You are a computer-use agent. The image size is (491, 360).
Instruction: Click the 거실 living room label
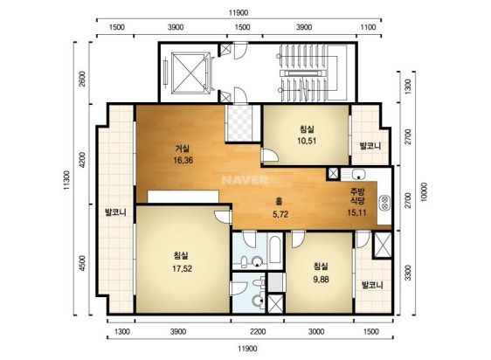[x=182, y=149]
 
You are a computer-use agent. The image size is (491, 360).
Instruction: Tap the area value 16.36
[x=183, y=161]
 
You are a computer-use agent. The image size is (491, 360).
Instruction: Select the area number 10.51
[x=307, y=141]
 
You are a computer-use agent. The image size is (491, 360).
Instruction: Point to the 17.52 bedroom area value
[x=182, y=268]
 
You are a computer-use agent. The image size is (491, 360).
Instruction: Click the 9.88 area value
[x=321, y=279]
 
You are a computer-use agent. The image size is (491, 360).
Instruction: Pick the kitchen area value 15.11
[x=356, y=212]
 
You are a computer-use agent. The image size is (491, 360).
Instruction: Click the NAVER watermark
[x=245, y=180]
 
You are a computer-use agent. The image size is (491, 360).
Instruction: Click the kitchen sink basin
[x=358, y=174]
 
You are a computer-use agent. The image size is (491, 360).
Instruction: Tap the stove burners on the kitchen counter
[x=384, y=203]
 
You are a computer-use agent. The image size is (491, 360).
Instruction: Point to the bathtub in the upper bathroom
[x=275, y=250]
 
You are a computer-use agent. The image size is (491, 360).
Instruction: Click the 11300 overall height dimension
[x=66, y=181]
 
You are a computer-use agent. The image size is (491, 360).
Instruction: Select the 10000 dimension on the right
[x=424, y=191]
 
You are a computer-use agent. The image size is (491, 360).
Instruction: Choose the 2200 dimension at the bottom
[x=258, y=331]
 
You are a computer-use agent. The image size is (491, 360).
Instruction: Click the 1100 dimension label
[x=368, y=27]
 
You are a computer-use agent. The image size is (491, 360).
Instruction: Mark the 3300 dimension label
[x=407, y=273]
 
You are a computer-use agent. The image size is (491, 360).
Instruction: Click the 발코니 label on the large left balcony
[x=115, y=212]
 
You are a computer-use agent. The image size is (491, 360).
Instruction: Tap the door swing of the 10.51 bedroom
[x=270, y=155]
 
